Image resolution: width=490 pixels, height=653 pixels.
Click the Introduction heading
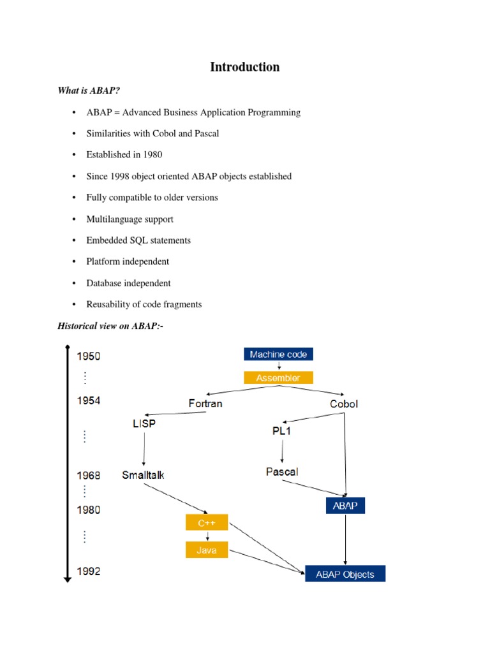pyautogui.click(x=244, y=67)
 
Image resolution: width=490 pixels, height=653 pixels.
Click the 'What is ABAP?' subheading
pyautogui.click(x=89, y=91)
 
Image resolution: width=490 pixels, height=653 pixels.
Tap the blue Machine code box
pyautogui.click(x=278, y=355)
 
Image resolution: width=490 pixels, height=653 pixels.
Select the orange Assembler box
pyautogui.click(x=278, y=378)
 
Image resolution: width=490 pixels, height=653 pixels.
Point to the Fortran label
pyautogui.click(x=205, y=403)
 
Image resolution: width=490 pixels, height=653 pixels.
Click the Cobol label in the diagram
pyautogui.click(x=344, y=403)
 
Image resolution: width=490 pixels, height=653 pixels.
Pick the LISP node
pyautogui.click(x=144, y=423)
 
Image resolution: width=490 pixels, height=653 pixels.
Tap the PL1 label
pyautogui.click(x=281, y=431)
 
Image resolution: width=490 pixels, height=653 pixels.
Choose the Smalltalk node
pyautogui.click(x=143, y=474)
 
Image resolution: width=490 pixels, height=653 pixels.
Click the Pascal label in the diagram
pyautogui.click(x=281, y=472)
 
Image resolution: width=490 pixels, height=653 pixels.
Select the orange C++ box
pyautogui.click(x=207, y=523)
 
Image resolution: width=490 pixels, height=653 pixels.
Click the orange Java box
pyautogui.click(x=207, y=550)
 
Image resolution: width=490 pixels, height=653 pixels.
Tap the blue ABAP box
pyautogui.click(x=345, y=506)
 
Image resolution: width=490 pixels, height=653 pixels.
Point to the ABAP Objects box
pyautogui.click(x=345, y=574)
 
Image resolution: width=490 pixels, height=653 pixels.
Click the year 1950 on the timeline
pyautogui.click(x=89, y=356)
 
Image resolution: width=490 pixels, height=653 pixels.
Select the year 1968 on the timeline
pyautogui.click(x=89, y=475)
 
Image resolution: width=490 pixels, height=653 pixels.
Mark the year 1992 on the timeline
pyautogui.click(x=89, y=571)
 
